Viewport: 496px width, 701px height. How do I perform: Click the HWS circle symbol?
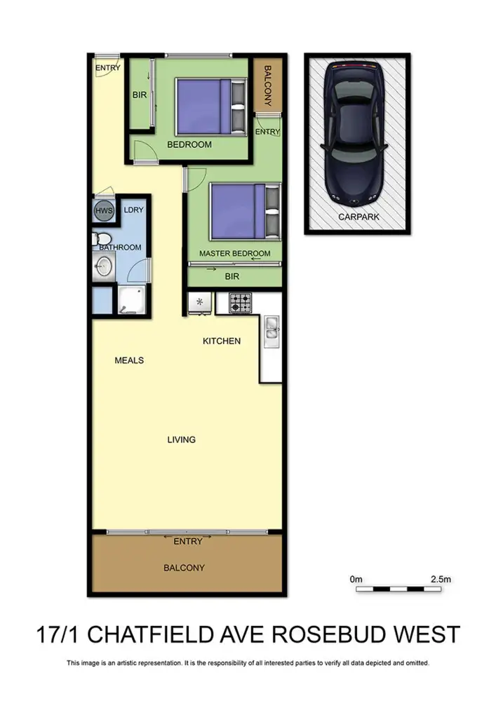point(104,211)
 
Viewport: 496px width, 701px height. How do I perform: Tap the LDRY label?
point(133,210)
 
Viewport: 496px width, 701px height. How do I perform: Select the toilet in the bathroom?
point(100,238)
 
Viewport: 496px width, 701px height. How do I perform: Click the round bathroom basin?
point(104,266)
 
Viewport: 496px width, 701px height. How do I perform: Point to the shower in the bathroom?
point(133,300)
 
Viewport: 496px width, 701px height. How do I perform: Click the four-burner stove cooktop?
point(241,303)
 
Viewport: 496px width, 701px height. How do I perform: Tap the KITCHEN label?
point(222,341)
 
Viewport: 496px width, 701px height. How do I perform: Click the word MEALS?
point(129,360)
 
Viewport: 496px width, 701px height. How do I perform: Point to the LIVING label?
point(181,440)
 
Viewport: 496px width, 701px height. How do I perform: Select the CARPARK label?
point(358,217)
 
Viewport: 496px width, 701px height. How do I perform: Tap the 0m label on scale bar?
point(356,580)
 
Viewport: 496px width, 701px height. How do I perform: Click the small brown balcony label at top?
point(267,85)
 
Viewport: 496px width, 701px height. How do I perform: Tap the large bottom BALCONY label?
point(184,568)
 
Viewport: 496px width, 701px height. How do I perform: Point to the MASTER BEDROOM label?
point(234,254)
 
